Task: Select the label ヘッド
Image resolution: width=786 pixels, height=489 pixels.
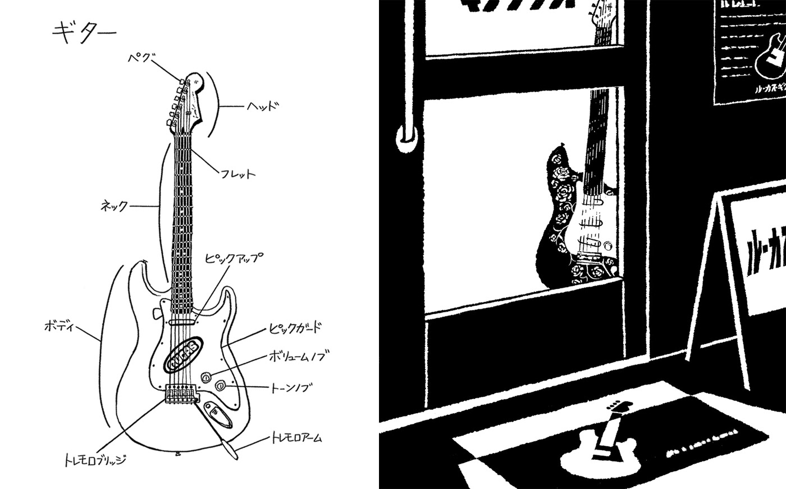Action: coord(262,106)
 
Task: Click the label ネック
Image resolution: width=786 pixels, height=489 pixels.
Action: coord(115,206)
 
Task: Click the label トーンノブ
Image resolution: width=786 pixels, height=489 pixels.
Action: coord(291,387)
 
